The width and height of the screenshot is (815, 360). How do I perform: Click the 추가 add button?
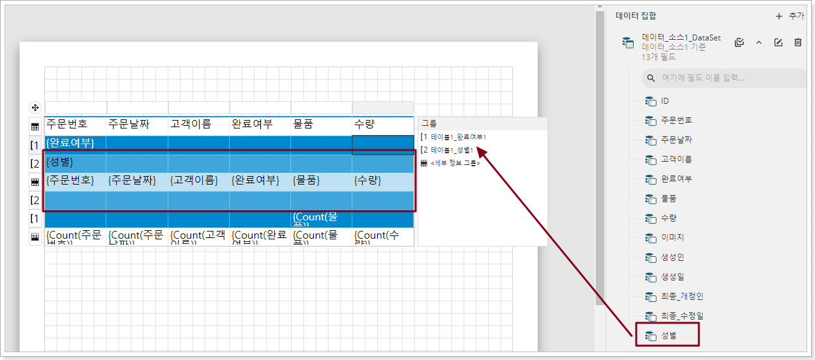click(790, 16)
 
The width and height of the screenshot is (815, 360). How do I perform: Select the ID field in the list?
click(664, 101)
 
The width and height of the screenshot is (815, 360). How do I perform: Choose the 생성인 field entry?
click(672, 257)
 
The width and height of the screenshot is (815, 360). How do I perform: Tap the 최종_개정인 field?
click(682, 296)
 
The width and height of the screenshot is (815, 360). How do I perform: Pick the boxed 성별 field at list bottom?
click(668, 336)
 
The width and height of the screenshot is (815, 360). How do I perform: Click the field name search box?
click(724, 78)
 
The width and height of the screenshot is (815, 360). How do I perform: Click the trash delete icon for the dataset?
click(797, 42)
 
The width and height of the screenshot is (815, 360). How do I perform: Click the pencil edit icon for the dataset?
click(778, 42)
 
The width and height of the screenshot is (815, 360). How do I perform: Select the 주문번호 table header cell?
click(67, 124)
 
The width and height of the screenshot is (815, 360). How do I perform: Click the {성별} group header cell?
click(59, 162)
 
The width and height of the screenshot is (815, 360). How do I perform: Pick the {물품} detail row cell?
click(309, 181)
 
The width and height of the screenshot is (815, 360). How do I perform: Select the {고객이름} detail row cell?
click(194, 181)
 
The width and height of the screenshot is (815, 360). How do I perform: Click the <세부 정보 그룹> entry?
click(455, 163)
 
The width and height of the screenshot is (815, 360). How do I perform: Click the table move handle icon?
click(35, 108)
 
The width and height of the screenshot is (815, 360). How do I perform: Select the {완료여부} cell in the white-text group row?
click(70, 143)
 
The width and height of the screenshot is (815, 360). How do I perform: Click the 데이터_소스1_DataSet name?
click(681, 37)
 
